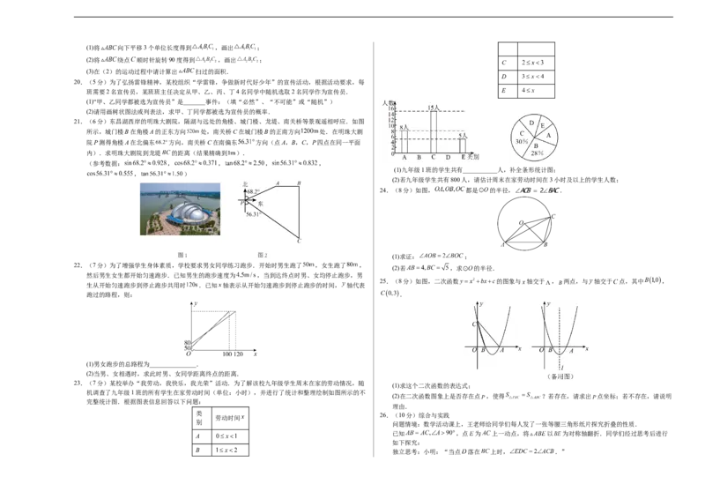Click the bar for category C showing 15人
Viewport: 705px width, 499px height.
coord(434,131)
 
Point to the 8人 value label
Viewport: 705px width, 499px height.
coord(404,128)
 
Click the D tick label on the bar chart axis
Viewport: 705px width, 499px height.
coord(448,157)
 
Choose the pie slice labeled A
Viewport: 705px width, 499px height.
coord(550,136)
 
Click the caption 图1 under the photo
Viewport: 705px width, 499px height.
coord(183,254)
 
